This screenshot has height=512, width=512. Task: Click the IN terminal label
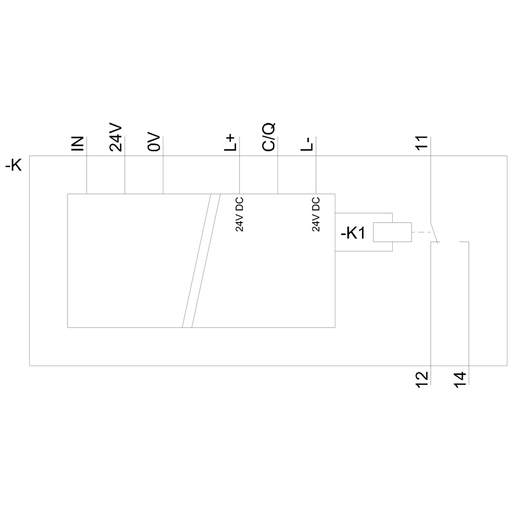(x=77, y=144)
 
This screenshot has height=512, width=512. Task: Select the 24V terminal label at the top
(x=116, y=137)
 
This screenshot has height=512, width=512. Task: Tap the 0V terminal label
(x=154, y=142)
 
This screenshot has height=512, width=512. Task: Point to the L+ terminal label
(x=230, y=142)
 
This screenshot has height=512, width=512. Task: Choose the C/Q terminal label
(x=268, y=137)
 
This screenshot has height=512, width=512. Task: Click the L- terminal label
(x=307, y=144)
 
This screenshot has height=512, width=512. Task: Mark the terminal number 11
(x=421, y=143)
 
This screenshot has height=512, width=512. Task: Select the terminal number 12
(x=421, y=380)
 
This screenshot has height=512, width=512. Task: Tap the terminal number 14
(x=460, y=380)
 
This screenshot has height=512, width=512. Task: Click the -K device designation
(x=13, y=165)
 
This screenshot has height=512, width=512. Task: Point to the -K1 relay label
(x=353, y=233)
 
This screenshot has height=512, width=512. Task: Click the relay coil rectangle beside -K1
(x=392, y=232)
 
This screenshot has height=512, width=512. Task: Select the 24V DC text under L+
(x=239, y=214)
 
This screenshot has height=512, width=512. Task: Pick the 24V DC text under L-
(x=316, y=214)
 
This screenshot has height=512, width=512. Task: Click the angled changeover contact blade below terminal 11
(x=434, y=233)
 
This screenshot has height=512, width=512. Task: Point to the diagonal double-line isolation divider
(x=201, y=261)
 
